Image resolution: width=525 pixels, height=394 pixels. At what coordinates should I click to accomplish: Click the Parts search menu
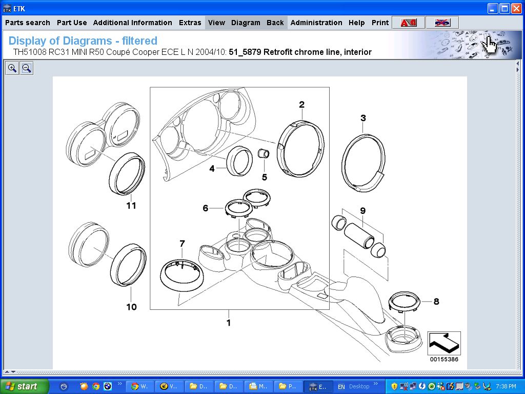point(28,23)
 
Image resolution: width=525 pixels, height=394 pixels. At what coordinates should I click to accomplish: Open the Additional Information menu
point(133,23)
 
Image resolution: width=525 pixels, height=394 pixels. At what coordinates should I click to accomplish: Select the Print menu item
point(380,23)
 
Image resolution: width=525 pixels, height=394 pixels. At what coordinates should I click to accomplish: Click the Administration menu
point(316,23)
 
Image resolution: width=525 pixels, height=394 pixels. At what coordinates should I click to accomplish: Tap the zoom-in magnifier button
point(12,68)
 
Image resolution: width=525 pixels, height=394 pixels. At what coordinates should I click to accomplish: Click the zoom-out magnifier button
point(27,68)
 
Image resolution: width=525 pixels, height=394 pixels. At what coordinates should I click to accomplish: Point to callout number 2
point(301,105)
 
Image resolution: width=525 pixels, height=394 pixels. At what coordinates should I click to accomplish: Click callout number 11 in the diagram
point(131,205)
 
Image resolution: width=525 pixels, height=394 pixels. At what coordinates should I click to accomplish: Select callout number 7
point(182,243)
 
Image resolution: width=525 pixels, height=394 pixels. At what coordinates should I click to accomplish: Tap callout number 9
point(363,211)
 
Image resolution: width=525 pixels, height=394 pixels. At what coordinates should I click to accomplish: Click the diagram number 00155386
point(444,359)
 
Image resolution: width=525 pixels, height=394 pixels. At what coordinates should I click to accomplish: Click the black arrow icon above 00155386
point(444,343)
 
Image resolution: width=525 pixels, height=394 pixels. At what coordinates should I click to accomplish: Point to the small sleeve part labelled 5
point(264,154)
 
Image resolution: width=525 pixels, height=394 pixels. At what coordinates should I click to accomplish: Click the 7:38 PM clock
point(506,386)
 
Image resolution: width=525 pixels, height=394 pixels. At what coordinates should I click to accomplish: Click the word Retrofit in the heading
point(277,52)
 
